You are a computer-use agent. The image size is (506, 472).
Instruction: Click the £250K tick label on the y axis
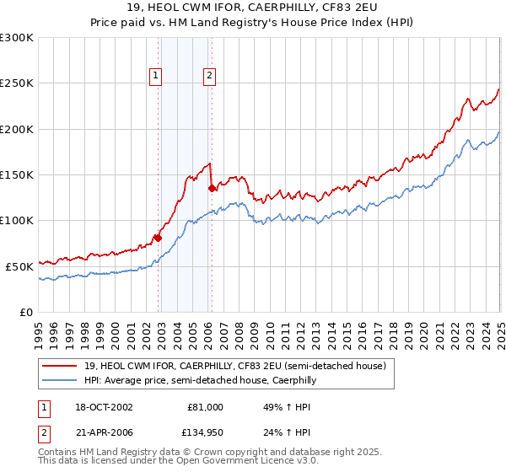[x=17, y=83]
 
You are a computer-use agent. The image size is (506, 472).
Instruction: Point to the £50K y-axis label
[x=19, y=266]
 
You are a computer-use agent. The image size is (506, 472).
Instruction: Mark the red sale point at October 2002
[x=158, y=238]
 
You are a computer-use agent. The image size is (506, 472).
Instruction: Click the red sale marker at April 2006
[x=211, y=189]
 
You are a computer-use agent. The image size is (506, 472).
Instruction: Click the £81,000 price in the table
[x=206, y=407]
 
